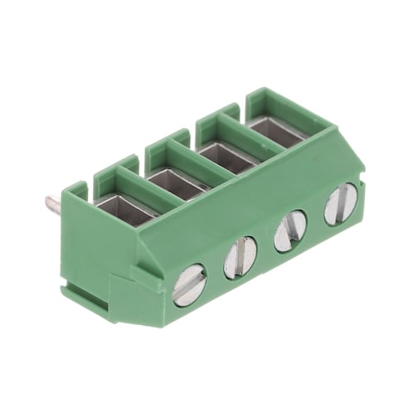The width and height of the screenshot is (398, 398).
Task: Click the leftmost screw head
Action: (189, 284)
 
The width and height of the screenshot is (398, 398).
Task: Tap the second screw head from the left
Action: (240, 257)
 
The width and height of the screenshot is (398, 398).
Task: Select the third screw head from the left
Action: (289, 231)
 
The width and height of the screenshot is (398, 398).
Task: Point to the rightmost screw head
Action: (340, 203)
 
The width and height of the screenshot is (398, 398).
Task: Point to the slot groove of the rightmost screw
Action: (339, 203)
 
